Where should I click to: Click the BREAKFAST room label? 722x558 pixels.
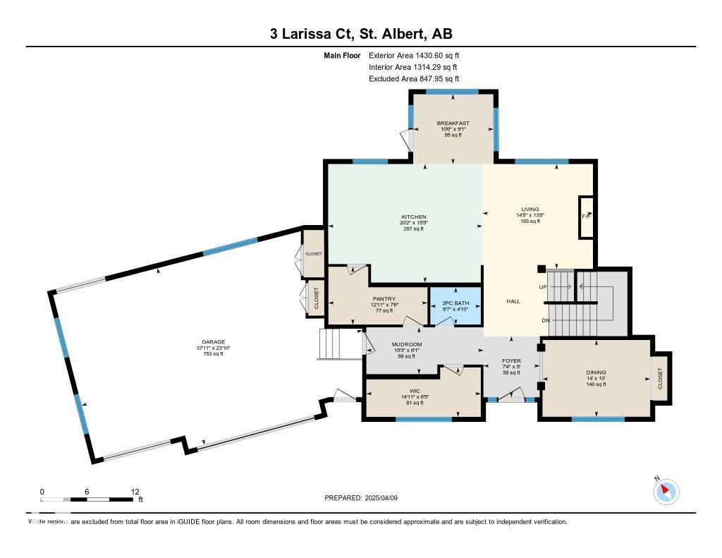[453, 123]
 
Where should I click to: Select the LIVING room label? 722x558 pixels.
[530, 209]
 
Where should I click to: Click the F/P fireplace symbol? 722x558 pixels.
[585, 215]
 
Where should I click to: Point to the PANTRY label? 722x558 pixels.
[384, 298]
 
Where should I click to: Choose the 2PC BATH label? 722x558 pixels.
[455, 303]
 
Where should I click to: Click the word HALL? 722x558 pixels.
[513, 301]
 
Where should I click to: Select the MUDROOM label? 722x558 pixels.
[406, 344]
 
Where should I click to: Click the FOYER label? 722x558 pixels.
[511, 360]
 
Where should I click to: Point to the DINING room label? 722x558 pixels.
[596, 372]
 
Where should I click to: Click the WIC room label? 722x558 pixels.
[415, 389]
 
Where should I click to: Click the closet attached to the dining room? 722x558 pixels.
[661, 378]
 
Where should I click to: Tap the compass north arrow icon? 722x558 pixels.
[666, 491]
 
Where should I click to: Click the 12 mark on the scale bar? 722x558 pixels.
[135, 491]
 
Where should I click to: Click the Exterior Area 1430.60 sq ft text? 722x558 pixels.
[414, 55]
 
